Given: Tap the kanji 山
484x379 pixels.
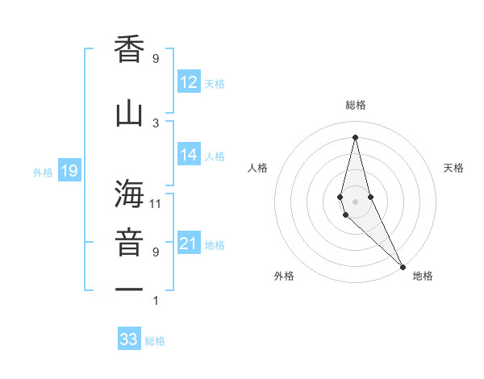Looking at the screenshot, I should tap(129, 113).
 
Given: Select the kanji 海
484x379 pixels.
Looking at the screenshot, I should tap(129, 194).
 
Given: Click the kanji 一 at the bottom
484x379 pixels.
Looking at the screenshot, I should tap(129, 289).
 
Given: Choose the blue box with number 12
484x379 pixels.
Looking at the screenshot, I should tap(189, 82).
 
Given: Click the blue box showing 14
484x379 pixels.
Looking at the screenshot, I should tap(189, 156).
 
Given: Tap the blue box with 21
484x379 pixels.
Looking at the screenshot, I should tap(189, 244).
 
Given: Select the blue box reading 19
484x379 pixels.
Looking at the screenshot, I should tap(69, 171).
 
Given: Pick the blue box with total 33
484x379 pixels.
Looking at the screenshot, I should tap(129, 339).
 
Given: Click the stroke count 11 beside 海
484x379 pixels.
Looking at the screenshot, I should tap(156, 204).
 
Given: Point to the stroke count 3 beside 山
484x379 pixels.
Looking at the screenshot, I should tap(156, 123).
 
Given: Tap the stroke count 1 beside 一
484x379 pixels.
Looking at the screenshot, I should tap(156, 301).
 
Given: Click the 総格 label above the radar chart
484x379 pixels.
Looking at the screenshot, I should tap(356, 105).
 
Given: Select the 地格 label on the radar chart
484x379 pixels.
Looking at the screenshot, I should tap(423, 276).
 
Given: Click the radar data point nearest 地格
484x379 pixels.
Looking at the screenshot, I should tap(403, 265).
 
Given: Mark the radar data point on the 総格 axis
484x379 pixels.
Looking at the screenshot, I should tap(355, 136).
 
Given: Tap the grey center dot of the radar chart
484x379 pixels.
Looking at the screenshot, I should tap(355, 201).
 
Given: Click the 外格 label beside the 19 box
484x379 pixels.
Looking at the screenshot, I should tap(43, 172).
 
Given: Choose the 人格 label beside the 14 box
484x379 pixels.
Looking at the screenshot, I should tap(215, 156).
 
